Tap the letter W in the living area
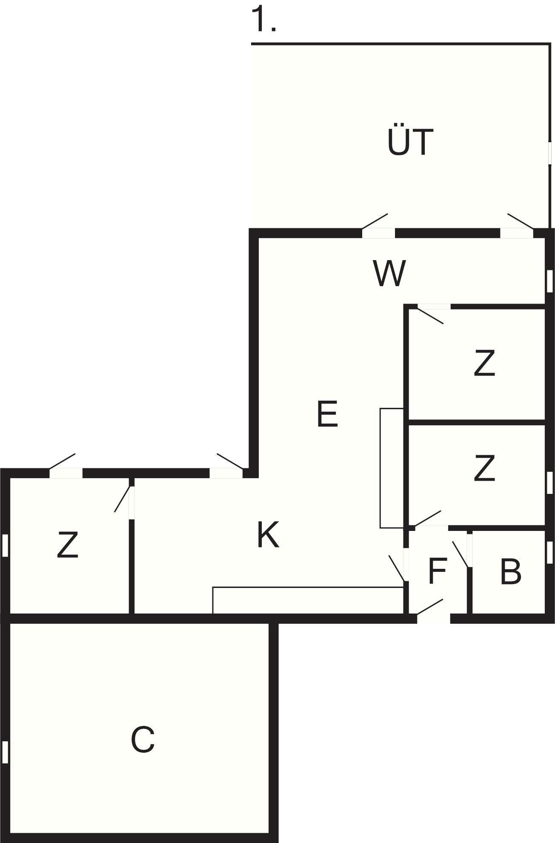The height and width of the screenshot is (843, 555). point(389,274)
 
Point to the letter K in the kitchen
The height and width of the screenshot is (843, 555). point(268,535)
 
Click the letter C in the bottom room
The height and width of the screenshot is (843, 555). point(143,740)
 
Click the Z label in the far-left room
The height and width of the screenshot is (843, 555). point(68,545)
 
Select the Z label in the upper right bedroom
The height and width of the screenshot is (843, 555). point(484,363)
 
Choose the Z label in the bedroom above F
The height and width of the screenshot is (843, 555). point(484,468)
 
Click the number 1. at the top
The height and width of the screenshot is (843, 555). point(264,20)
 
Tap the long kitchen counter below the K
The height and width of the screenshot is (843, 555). point(308,600)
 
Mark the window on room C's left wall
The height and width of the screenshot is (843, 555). point(5,752)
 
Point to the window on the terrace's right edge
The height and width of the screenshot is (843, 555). point(549,152)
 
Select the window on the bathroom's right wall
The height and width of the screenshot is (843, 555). point(549,552)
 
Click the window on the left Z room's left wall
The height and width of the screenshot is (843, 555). point(5,545)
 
